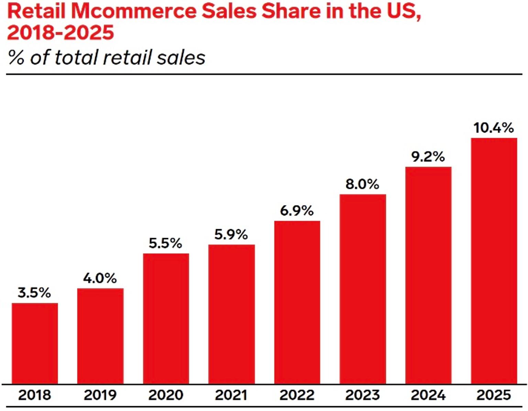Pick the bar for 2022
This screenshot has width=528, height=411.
point(297,302)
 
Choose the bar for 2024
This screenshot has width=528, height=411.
point(428,275)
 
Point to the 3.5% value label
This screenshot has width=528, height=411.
point(34,293)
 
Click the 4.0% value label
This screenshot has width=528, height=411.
point(100,278)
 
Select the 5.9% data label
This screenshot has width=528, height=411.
point(231,234)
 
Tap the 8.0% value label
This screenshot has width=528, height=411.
point(362,184)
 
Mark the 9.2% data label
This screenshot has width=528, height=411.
point(428,157)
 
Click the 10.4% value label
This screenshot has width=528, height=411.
point(494,128)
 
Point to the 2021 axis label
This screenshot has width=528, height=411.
point(231,395)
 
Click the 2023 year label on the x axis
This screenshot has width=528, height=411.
point(362,395)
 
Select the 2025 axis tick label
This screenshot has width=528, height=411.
point(494,395)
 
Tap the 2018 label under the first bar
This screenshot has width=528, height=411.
point(34,395)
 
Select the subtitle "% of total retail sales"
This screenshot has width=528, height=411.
point(107,57)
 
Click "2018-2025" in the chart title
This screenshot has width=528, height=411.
point(60,33)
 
